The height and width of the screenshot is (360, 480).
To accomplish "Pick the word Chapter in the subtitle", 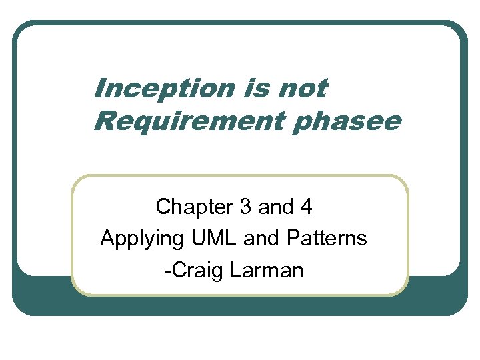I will point(193,208).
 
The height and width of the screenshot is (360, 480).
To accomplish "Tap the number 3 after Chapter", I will point(245,208).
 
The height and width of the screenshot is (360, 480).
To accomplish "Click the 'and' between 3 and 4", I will point(276,208).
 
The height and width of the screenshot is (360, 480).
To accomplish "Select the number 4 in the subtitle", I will point(306,208).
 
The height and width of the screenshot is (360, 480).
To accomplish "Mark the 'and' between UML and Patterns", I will point(258,238).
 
